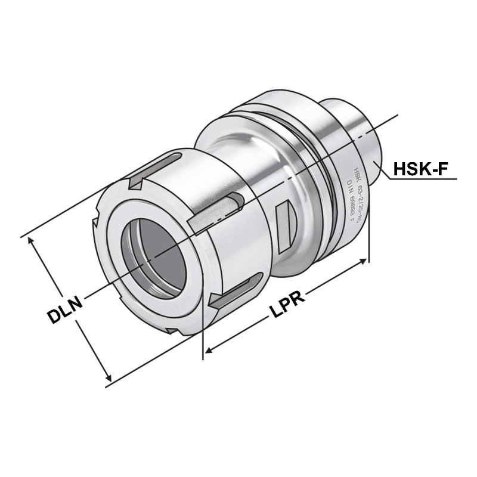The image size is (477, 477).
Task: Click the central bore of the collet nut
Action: click(154, 254)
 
